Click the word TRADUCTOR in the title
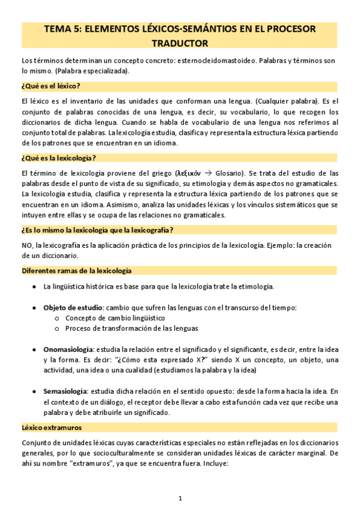[x=180, y=43]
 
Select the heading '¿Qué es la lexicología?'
[x=59, y=158]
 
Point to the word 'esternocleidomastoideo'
[x=217, y=61]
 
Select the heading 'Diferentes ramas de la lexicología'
[x=76, y=271]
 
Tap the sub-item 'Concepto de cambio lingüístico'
[x=115, y=318]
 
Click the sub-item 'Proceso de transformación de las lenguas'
[x=132, y=328]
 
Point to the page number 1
[x=180, y=499]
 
